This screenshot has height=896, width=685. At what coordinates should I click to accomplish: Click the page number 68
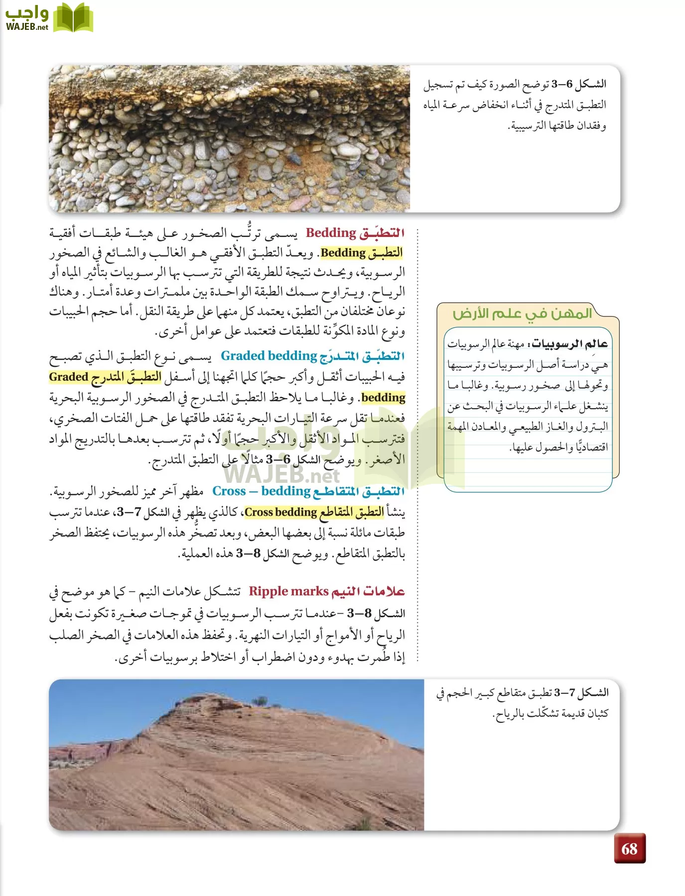[630, 849]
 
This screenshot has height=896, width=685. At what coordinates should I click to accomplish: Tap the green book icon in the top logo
[73, 18]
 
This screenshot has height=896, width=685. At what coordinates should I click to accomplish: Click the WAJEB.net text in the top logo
[27, 27]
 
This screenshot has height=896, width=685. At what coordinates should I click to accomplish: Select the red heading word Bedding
[331, 233]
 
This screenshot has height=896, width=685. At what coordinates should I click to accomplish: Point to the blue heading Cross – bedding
[261, 491]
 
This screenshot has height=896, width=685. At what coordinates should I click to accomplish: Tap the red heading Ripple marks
[288, 591]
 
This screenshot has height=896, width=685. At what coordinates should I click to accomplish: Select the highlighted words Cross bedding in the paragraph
[281, 512]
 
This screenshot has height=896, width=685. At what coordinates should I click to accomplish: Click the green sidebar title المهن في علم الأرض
[522, 314]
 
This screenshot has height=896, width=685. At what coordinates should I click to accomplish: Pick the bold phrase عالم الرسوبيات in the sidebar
[570, 344]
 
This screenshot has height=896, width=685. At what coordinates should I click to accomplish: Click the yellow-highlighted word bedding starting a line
[383, 398]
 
